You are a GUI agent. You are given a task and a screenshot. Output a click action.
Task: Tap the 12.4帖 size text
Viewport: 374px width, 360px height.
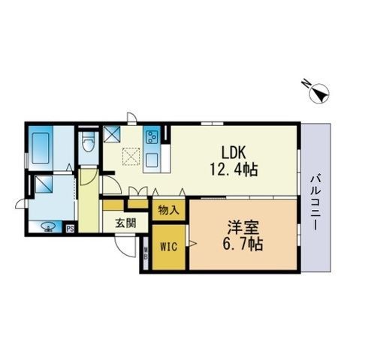tap(233, 169)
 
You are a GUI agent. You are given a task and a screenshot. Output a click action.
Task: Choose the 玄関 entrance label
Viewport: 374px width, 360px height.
tap(125, 223)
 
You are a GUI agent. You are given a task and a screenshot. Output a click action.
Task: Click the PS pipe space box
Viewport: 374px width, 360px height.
tap(71, 229)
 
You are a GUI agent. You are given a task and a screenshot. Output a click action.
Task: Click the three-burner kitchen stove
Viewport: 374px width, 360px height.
tap(152, 137)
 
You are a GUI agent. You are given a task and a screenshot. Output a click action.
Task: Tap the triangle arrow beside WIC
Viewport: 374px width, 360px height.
tap(192, 242)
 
